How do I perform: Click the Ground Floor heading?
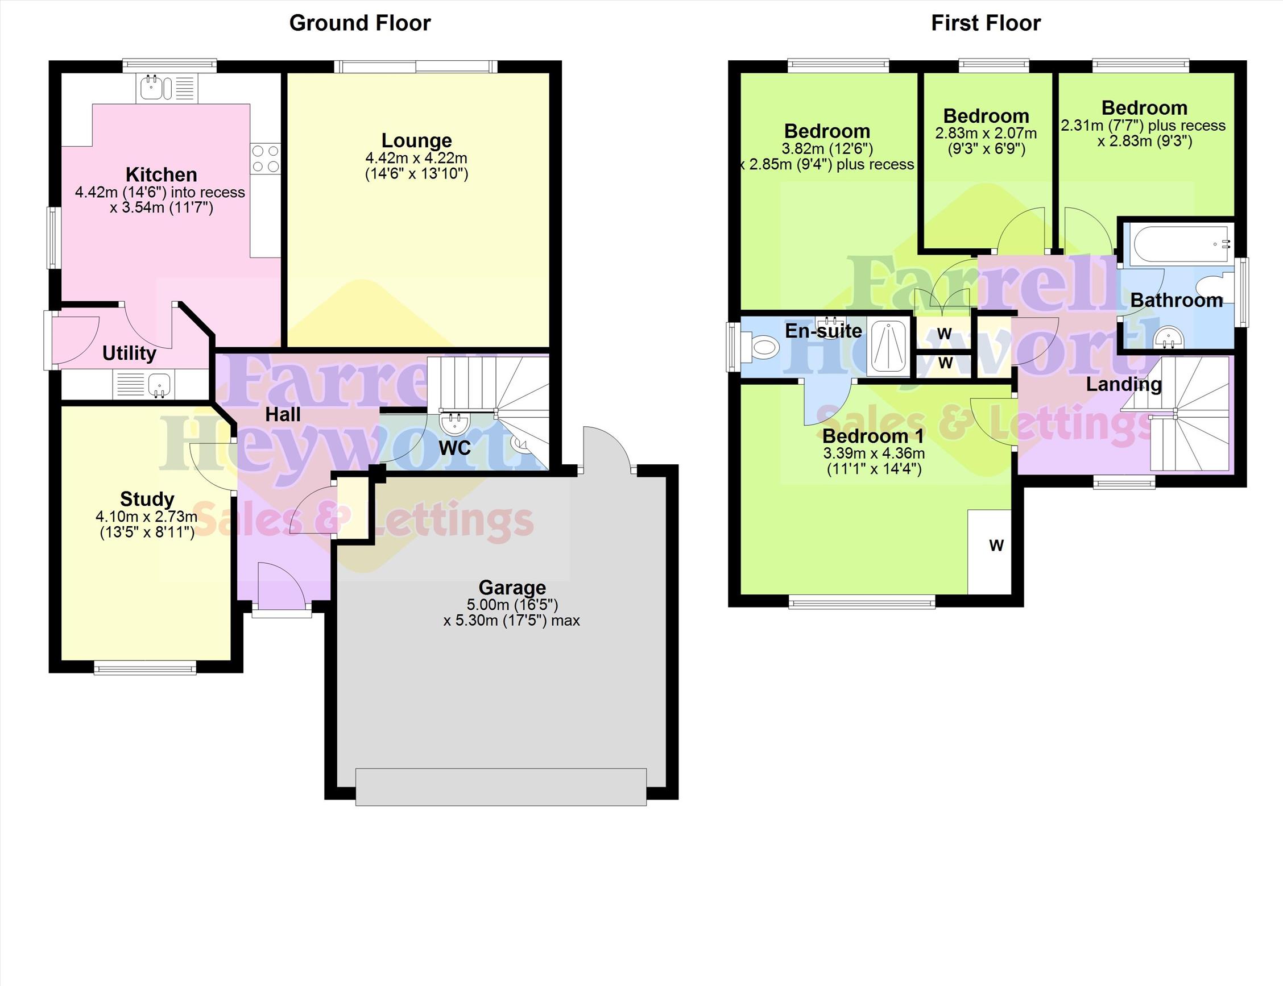click(360, 23)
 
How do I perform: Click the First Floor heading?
click(986, 23)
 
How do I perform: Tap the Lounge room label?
click(416, 140)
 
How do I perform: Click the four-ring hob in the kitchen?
click(266, 159)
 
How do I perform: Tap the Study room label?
click(147, 499)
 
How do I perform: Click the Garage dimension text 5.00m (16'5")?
click(512, 605)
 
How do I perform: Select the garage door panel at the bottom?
click(501, 787)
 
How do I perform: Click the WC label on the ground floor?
click(454, 448)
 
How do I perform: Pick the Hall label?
click(283, 414)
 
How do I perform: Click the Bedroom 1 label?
click(873, 436)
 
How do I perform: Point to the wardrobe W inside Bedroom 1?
click(996, 545)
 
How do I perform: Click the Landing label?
click(1123, 384)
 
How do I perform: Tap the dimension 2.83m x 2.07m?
click(986, 133)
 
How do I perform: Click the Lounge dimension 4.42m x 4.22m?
click(416, 158)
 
